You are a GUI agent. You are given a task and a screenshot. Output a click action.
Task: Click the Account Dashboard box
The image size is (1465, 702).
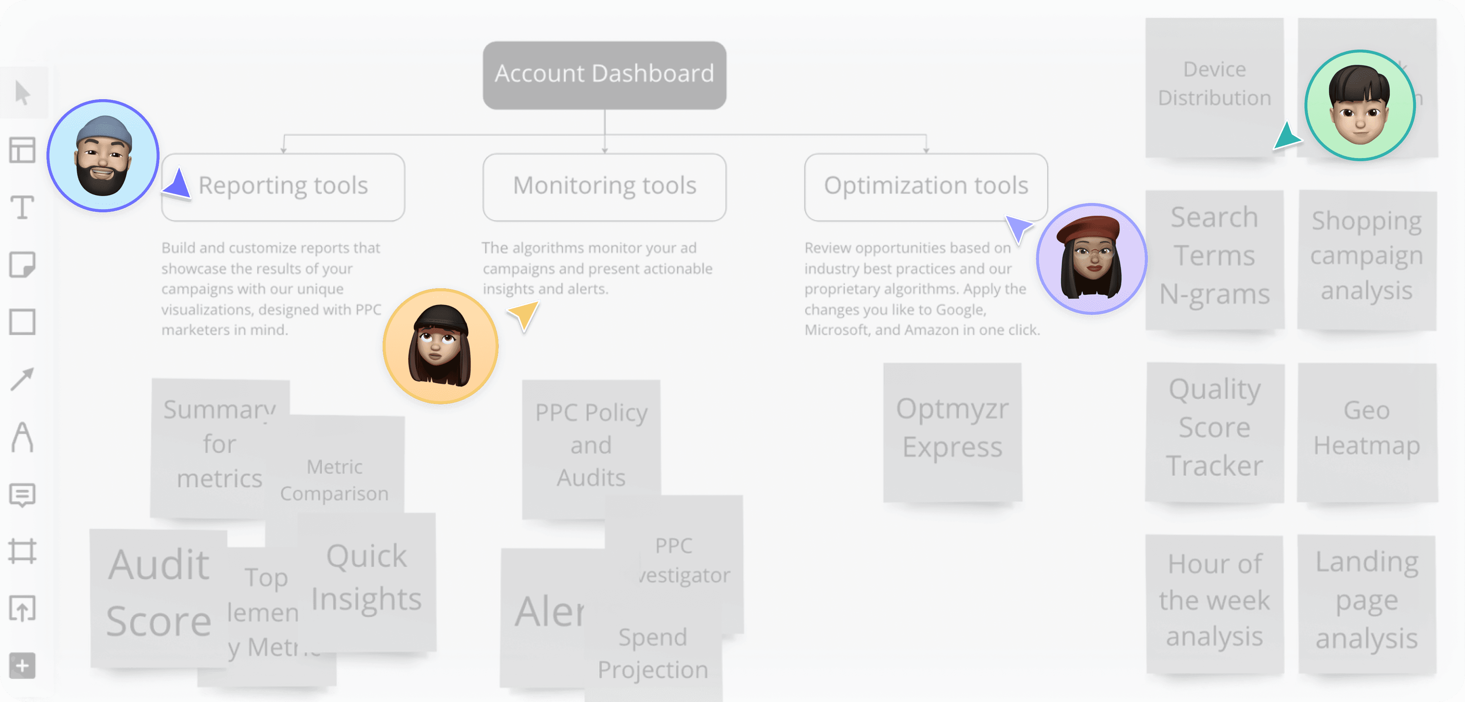pos(604,74)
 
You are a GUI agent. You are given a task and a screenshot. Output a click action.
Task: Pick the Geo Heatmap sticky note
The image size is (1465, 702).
pos(1367,432)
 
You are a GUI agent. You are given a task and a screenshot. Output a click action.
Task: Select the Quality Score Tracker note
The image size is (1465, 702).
pos(1214,432)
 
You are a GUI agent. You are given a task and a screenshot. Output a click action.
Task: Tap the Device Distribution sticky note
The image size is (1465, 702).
pos(1214,85)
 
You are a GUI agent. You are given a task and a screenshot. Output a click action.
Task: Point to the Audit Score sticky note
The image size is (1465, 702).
pos(158,594)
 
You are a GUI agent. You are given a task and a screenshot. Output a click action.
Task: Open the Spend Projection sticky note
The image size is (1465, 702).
pos(653,654)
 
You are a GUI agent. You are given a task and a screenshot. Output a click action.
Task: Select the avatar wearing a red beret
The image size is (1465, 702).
pos(1091,259)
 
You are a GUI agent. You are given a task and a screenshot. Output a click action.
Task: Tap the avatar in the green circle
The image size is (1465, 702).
pos(1359,105)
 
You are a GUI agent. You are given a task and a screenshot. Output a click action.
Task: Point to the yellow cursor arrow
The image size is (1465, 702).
pos(525,315)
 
